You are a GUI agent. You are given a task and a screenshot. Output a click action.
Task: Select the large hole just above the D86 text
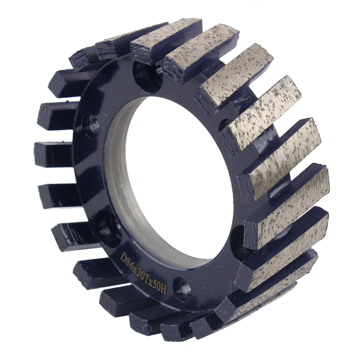pyautogui.click(x=108, y=227)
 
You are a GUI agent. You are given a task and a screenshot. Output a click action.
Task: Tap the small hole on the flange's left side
pyautogui.click(x=92, y=126)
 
